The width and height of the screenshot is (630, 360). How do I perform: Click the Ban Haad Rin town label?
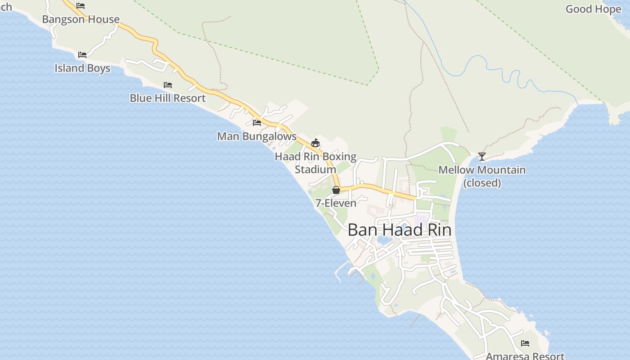[x=399, y=230]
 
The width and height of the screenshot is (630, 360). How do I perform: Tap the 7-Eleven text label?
[x=336, y=203]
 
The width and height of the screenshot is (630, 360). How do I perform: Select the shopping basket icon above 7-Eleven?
[x=336, y=190]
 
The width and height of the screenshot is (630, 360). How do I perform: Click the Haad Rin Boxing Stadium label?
[x=315, y=163]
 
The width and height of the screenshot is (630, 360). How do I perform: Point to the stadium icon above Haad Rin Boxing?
[x=315, y=143]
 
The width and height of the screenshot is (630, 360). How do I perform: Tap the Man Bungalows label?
[x=256, y=136]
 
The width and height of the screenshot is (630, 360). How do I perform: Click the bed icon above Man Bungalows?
[x=257, y=122]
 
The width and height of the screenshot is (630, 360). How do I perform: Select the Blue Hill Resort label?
[x=167, y=98]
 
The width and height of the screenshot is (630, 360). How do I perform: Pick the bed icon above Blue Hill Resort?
[x=168, y=85]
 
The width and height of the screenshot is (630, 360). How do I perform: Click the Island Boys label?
[x=82, y=68]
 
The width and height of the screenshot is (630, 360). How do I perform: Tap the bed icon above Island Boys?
[x=82, y=55]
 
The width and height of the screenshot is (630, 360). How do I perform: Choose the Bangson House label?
[x=81, y=19]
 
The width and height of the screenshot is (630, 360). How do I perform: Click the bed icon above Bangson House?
[x=81, y=6]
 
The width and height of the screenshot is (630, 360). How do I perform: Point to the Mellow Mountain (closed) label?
[x=482, y=176]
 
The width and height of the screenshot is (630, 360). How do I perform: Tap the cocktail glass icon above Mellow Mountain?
[x=482, y=157]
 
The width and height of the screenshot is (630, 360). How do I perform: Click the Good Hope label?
[x=593, y=9]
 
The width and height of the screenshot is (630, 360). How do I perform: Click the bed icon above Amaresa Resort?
[x=525, y=343]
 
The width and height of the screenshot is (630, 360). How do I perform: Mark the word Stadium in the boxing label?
[x=315, y=170]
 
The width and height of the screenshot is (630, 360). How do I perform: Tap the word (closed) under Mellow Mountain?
[x=482, y=183]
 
